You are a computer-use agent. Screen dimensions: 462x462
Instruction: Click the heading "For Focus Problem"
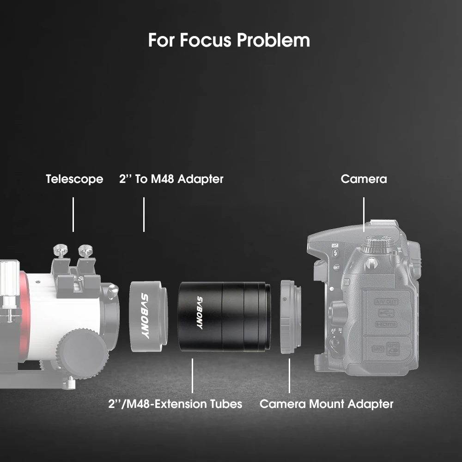[229, 40]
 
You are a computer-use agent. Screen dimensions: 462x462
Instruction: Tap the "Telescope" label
[74, 179]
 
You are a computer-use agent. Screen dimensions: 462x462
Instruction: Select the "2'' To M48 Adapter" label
[171, 179]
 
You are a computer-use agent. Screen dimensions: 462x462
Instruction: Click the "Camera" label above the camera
[364, 179]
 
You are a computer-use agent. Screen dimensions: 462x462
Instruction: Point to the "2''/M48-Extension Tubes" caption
[175, 404]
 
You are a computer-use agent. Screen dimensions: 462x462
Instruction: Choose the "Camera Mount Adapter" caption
[326, 404]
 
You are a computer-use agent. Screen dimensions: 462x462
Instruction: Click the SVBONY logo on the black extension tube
[200, 313]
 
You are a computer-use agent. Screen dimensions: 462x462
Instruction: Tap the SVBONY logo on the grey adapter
[145, 316]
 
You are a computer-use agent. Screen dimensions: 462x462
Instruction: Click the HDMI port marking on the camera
[386, 324]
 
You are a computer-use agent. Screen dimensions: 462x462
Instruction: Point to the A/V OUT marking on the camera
[386, 302]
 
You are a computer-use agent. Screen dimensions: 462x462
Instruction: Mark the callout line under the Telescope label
[73, 214]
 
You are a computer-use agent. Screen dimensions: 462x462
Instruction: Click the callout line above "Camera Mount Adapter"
[289, 376]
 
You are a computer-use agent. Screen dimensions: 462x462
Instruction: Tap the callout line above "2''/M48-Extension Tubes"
[192, 376]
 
